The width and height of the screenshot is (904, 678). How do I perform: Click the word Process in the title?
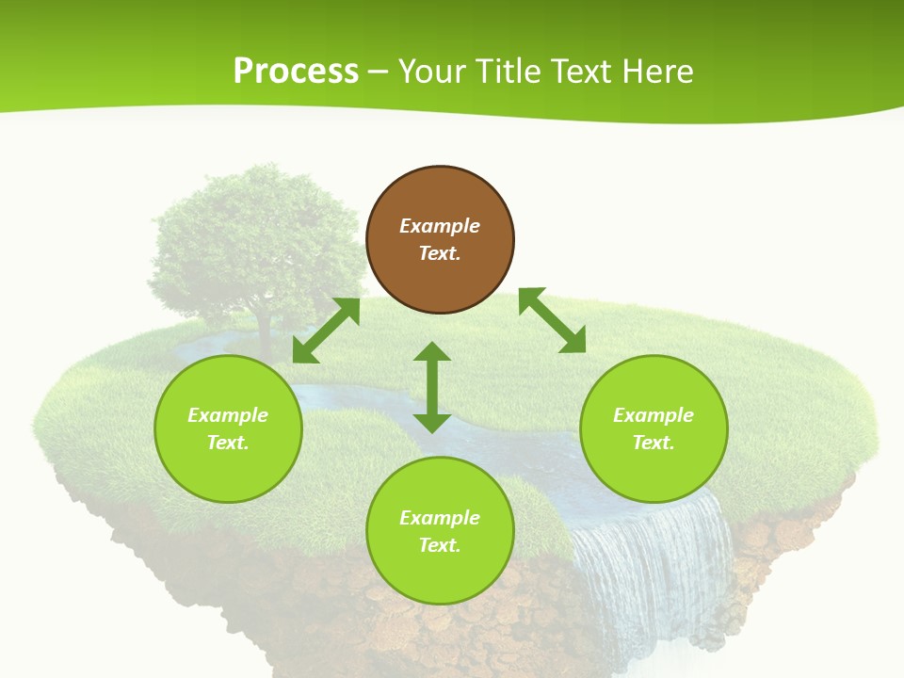click(296, 72)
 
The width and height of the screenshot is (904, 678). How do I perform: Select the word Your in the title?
click(431, 72)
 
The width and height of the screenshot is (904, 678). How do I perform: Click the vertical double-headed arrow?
click(432, 387)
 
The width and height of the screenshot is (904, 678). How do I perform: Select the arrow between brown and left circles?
click(326, 331)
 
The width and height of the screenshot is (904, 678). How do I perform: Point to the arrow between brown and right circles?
click(552, 320)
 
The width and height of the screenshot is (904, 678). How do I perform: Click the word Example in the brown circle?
click(440, 226)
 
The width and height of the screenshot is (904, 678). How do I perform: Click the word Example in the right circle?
click(654, 415)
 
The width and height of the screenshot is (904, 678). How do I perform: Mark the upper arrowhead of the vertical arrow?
click(432, 351)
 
